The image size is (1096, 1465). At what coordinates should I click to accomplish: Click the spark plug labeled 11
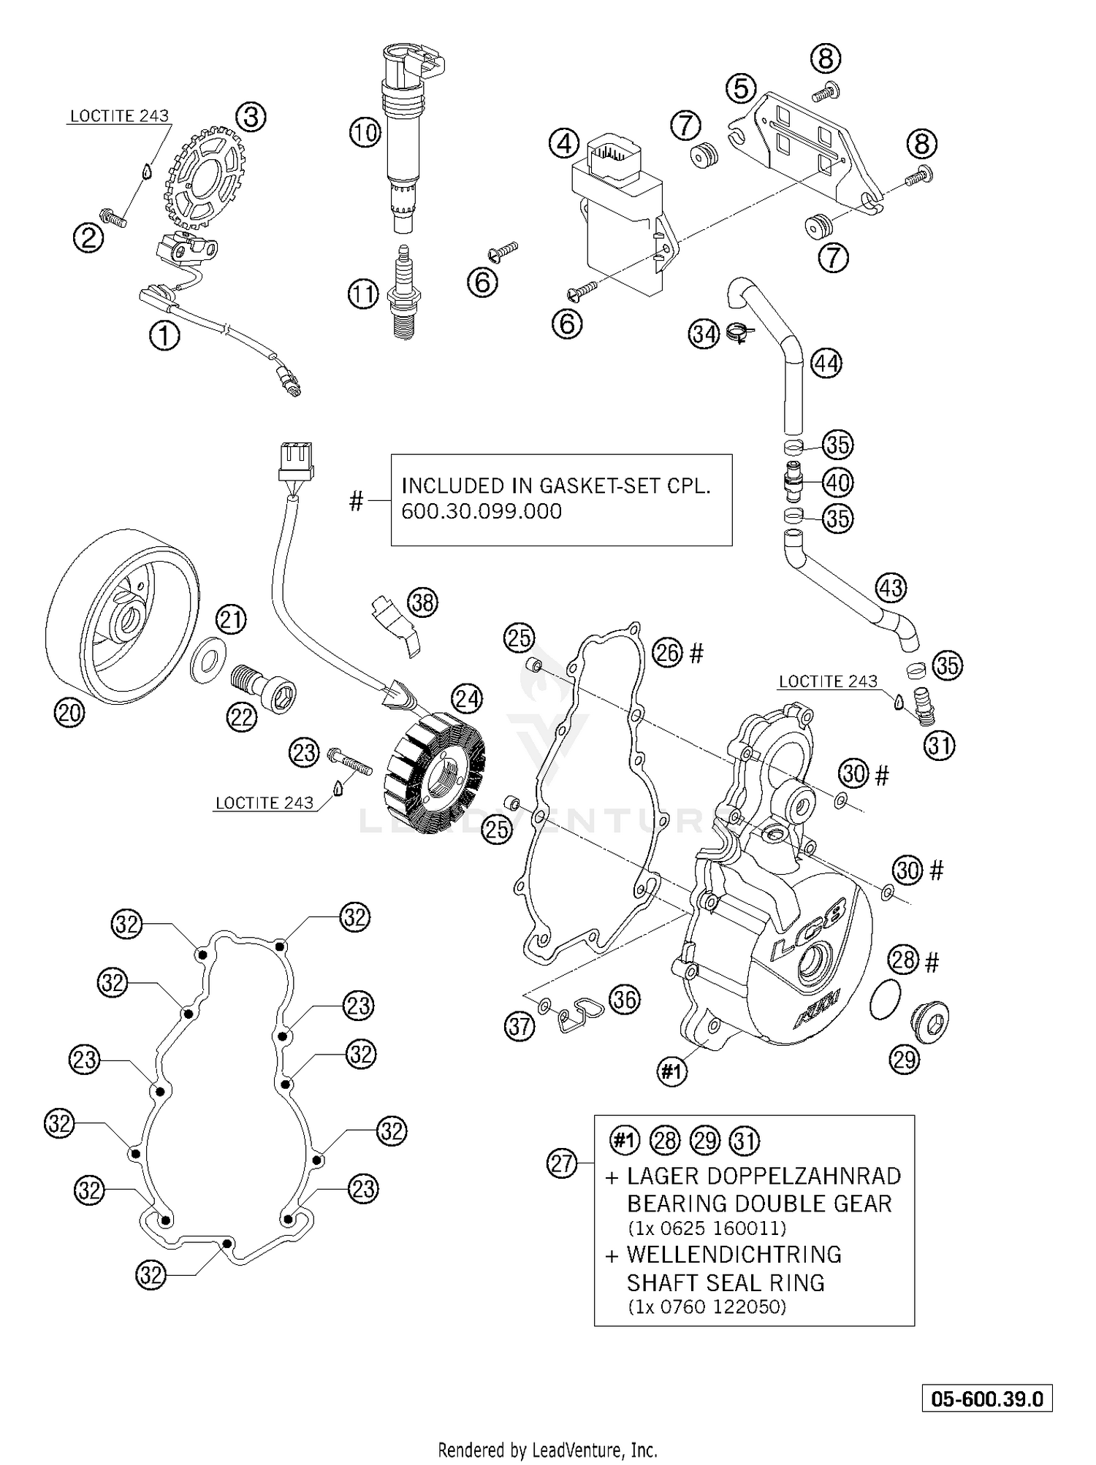pos(403,292)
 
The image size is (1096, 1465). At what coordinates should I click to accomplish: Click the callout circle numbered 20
pos(69,712)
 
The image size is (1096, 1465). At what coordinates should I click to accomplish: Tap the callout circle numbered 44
pos(826,363)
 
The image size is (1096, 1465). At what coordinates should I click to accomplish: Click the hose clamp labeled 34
pos(740,334)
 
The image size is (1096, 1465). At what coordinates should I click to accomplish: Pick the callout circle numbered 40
pos(837,482)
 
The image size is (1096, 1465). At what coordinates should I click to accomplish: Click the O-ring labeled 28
pos(885,1001)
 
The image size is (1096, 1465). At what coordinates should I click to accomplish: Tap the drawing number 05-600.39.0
pos(986,1399)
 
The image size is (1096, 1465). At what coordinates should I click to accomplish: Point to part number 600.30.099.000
pos(482,511)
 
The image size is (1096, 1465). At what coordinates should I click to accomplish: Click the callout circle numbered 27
pos(562,1164)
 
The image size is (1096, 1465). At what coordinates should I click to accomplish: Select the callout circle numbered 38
pos(422,603)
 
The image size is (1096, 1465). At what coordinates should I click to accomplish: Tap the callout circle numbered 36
pos(624,999)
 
